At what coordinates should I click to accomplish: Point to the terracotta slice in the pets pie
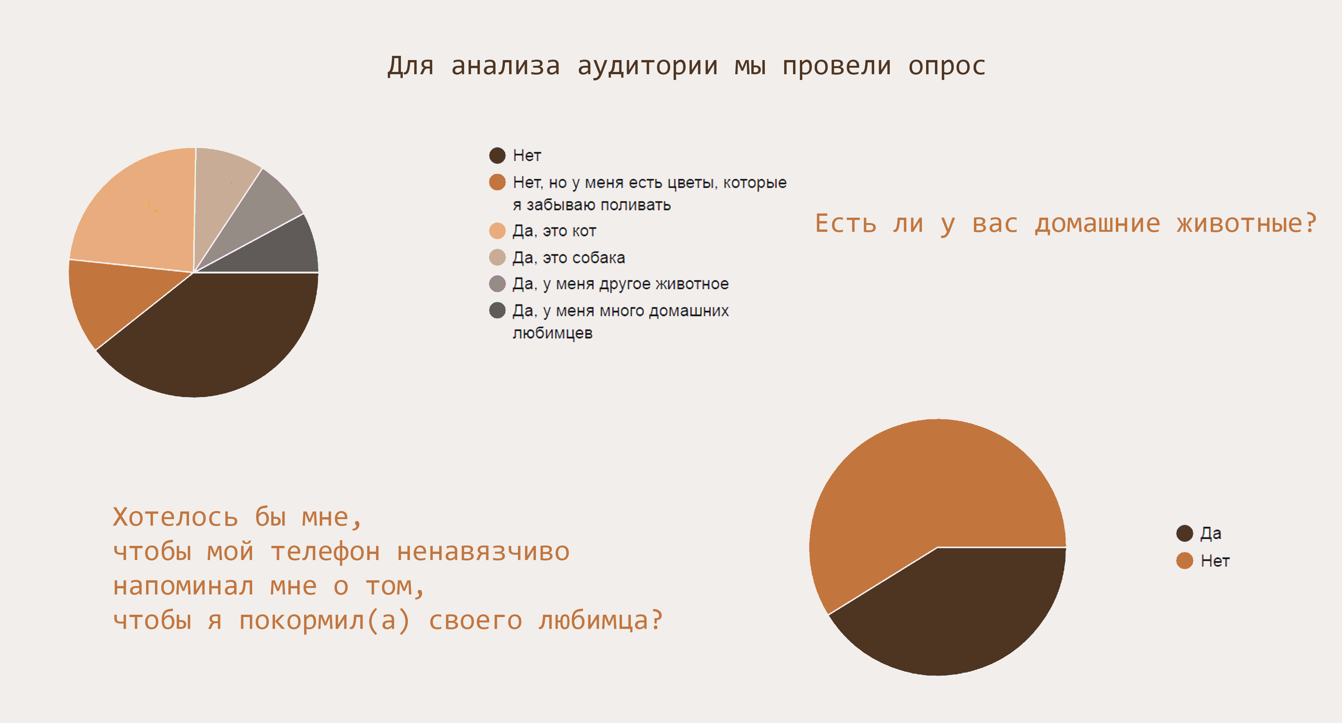pos(115,297)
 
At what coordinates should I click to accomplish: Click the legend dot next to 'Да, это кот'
pos(498,231)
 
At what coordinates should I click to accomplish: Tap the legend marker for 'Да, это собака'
pos(498,257)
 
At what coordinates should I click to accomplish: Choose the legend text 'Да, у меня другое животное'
pos(621,284)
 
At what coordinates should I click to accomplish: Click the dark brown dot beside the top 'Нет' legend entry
pos(498,155)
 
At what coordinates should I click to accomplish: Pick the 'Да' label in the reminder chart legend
pos(1211,533)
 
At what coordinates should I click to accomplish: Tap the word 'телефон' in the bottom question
pos(325,552)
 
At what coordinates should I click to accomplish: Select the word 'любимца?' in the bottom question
pos(601,621)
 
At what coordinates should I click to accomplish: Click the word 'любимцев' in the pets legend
pos(553,333)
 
